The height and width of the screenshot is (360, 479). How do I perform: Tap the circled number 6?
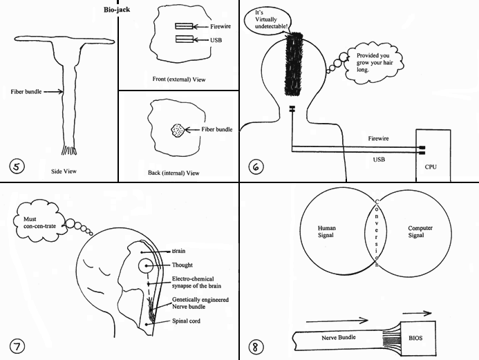coord(255,166)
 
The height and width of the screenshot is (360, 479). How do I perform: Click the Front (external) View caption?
coord(178,79)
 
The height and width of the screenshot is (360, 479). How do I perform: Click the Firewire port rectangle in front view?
coord(184,26)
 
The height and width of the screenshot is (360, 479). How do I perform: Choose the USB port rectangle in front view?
coord(184,40)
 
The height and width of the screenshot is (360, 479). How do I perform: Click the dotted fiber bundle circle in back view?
coord(177,130)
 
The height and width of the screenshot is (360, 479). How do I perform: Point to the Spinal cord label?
coord(187,321)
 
